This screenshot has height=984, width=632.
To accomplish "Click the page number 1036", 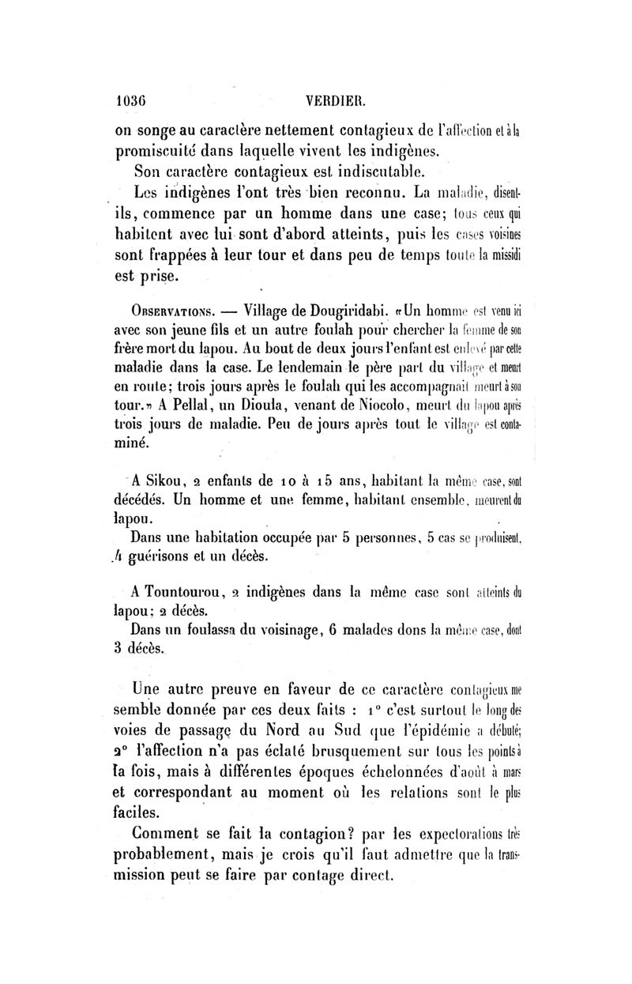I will (134, 101).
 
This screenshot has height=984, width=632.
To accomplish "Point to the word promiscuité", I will (160, 150).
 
